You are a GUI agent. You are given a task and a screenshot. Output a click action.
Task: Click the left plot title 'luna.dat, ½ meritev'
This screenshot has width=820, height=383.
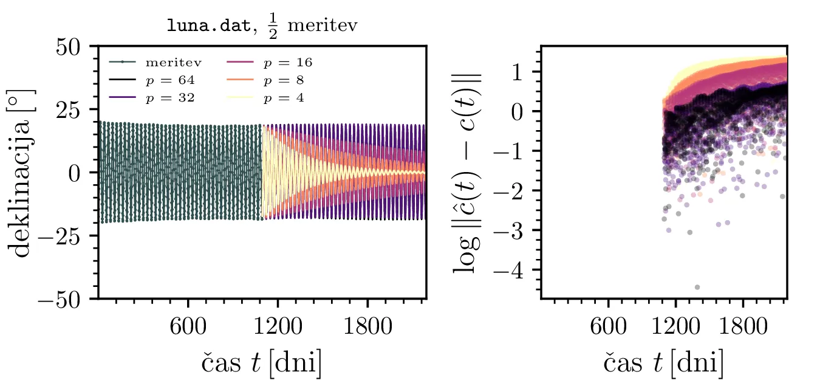tap(261, 26)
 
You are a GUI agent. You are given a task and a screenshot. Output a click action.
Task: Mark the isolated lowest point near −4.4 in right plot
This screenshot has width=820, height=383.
tap(697, 287)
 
